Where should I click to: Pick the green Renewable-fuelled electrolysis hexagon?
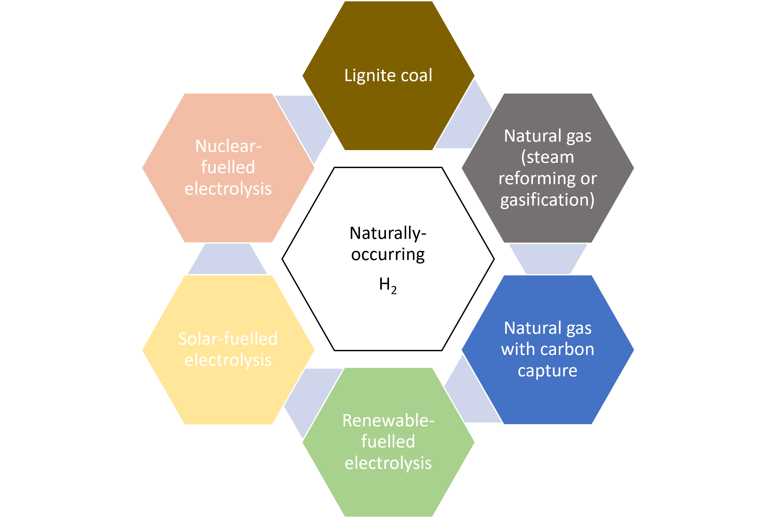coord(389,489)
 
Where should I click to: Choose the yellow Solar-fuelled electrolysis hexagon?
coord(228,390)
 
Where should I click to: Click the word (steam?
coord(547,157)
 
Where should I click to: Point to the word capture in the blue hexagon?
coord(547,371)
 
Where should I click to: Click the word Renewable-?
coord(388,420)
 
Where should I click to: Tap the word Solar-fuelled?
coord(228,339)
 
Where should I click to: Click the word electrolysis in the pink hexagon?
coord(228,189)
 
